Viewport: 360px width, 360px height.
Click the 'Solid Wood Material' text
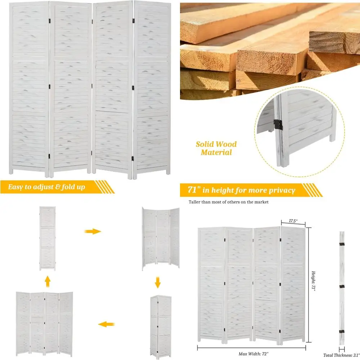pyautogui.click(x=216, y=148)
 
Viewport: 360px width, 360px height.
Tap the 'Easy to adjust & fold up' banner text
pyautogui.click(x=47, y=187)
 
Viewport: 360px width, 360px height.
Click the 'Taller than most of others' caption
pyautogui.click(x=229, y=202)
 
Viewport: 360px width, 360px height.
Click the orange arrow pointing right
pyautogui.click(x=93, y=231)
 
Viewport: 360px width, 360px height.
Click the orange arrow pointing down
pyautogui.click(x=157, y=283)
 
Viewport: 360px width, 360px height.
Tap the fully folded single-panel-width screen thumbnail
pyautogui.click(x=48, y=238)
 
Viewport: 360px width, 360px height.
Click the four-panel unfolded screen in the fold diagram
pyautogui.click(x=44, y=317)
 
